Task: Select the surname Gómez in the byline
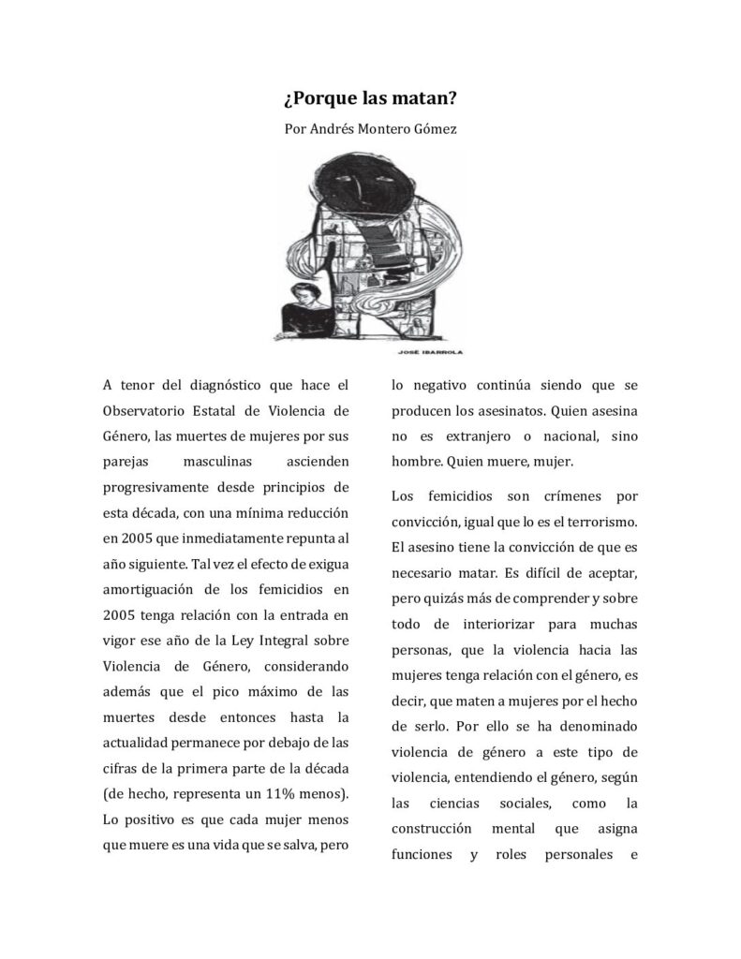pyautogui.click(x=435, y=129)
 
